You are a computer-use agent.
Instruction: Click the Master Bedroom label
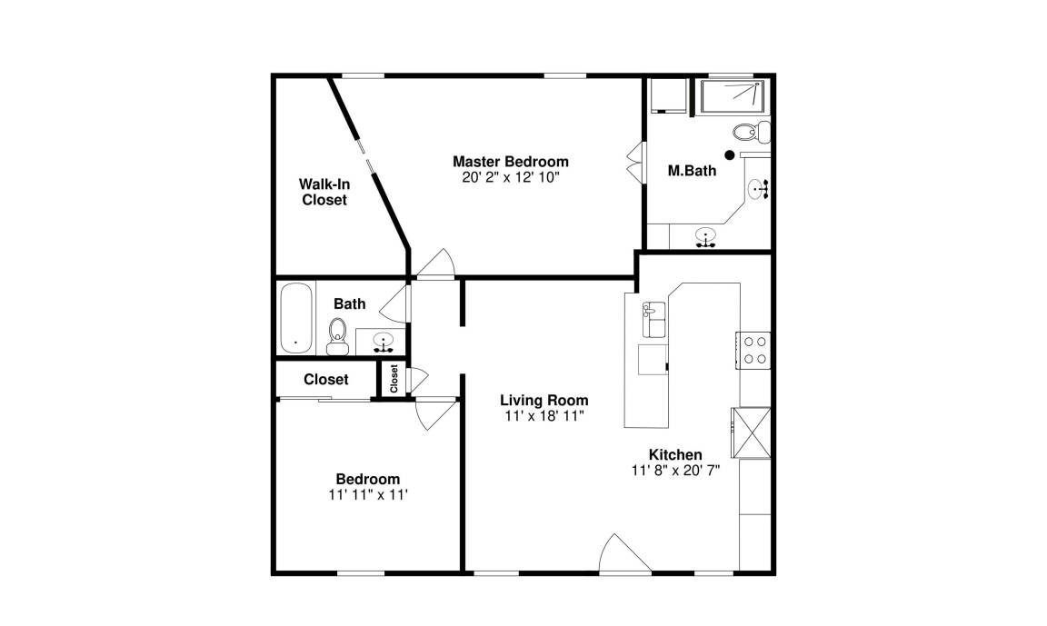click(x=511, y=162)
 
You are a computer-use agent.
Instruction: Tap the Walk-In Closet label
click(x=324, y=192)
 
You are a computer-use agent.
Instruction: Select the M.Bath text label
click(x=692, y=170)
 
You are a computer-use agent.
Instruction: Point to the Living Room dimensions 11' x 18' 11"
click(x=544, y=416)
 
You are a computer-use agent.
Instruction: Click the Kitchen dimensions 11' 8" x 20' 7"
click(x=675, y=471)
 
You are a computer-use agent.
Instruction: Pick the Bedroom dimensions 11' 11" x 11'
click(x=368, y=495)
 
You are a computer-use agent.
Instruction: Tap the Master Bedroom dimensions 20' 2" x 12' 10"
click(x=511, y=177)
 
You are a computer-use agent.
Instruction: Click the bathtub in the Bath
click(x=295, y=318)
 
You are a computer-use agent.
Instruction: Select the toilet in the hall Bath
click(x=338, y=336)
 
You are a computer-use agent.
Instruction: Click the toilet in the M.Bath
click(x=752, y=132)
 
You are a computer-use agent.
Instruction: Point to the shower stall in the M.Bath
click(x=732, y=97)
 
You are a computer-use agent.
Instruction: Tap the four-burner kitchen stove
click(x=754, y=350)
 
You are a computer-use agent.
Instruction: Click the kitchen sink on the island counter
click(x=653, y=320)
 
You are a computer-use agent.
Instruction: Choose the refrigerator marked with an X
click(x=752, y=432)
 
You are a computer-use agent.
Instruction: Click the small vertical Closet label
click(x=394, y=378)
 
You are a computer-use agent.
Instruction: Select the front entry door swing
click(x=624, y=553)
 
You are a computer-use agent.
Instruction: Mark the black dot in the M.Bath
click(x=730, y=154)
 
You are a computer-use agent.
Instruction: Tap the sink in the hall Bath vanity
click(x=383, y=341)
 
